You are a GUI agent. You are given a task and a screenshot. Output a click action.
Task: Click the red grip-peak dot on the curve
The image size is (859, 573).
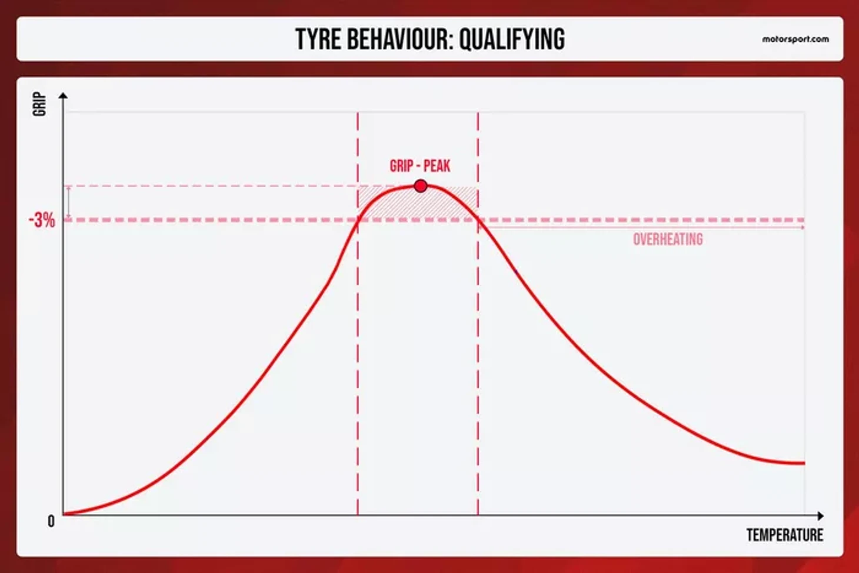tap(421, 186)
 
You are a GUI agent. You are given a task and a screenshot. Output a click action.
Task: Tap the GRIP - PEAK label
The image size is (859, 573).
tap(420, 166)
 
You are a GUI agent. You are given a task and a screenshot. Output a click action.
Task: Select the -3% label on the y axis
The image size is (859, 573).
tap(42, 221)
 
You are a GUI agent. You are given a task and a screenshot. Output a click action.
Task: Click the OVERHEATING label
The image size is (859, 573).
tap(668, 239)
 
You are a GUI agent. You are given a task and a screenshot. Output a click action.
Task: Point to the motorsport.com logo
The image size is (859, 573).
tap(795, 39)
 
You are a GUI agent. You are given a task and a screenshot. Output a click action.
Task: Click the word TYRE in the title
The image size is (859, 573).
tap(318, 39)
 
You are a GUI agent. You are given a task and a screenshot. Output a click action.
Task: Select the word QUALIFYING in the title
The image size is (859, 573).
tap(512, 39)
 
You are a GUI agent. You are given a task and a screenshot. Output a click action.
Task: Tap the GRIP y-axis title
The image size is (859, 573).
tap(39, 104)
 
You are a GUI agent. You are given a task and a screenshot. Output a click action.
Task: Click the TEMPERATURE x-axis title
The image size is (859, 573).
tap(785, 535)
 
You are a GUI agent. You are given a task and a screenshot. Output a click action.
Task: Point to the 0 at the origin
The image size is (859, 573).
tap(51, 522)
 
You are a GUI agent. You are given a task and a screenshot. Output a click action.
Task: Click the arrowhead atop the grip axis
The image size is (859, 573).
tap(64, 95)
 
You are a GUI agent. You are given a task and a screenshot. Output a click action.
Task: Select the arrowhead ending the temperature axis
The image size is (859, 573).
tap(821, 516)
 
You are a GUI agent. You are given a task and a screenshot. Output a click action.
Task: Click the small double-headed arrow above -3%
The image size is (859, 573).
tap(69, 204)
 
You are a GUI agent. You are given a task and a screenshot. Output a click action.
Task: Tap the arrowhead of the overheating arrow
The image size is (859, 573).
tap(803, 228)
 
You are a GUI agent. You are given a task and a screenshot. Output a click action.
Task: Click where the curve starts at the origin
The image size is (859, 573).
tap(64, 514)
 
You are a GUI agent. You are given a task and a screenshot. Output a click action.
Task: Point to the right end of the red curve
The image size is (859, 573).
tap(804, 464)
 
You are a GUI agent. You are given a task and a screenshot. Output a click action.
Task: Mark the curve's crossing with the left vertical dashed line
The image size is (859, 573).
tap(358, 222)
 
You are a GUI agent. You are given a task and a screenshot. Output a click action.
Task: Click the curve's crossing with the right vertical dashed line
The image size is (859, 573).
tap(478, 219)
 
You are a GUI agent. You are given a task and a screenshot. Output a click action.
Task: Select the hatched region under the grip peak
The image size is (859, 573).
tap(418, 204)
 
